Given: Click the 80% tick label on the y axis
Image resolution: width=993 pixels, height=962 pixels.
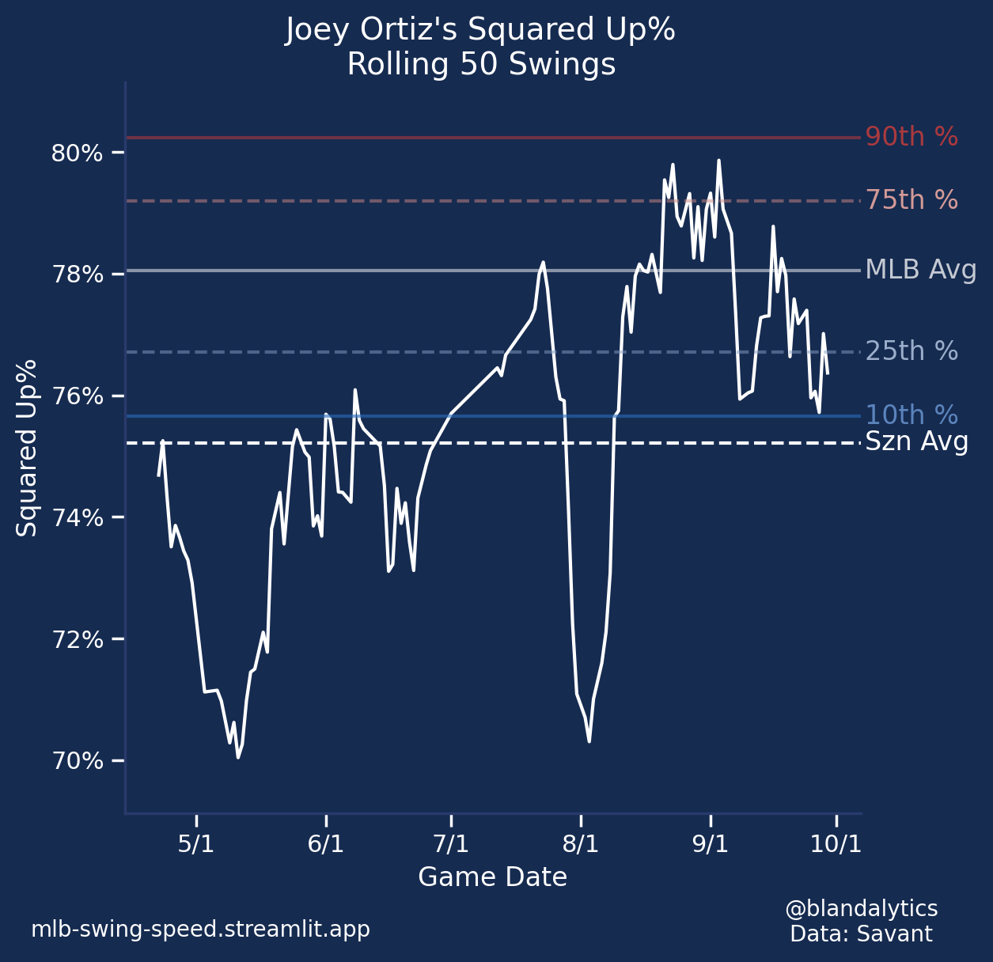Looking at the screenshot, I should pos(77,153).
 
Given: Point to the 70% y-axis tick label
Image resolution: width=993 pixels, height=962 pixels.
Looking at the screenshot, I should pos(77,762).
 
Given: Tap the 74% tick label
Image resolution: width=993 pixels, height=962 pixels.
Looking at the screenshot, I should pos(77,518).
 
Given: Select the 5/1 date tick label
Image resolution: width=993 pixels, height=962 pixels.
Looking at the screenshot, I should pos(196,844).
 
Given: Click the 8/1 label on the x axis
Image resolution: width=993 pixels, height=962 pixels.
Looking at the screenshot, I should pos(580,844).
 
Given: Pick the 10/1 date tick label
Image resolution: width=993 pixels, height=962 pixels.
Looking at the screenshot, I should pos(836,844).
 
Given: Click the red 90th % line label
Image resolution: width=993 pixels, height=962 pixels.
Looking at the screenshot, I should pos(912,137).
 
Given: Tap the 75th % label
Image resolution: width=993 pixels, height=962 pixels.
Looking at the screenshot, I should pos(912,200).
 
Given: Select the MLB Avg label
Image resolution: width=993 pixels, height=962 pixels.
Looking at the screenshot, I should pos(921,270).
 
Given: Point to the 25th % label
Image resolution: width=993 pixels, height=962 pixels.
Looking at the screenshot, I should pos(912,351).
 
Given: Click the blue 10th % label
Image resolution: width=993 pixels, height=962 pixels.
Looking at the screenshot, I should pos(912,415).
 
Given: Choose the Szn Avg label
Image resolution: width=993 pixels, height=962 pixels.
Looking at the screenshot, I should pos(917,441).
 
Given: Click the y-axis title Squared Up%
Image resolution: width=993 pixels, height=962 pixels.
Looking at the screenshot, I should pos(27,448).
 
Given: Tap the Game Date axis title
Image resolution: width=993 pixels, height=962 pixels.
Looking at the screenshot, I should pos(492,877).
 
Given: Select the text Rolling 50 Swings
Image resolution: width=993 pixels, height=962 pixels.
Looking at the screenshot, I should pos(481,65).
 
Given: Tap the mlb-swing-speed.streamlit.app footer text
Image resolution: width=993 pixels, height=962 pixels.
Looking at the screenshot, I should pos(200,929).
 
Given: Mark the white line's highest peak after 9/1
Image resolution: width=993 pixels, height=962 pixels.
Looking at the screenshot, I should pos(718,161).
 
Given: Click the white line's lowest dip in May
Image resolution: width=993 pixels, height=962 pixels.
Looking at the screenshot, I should pos(237,757).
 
